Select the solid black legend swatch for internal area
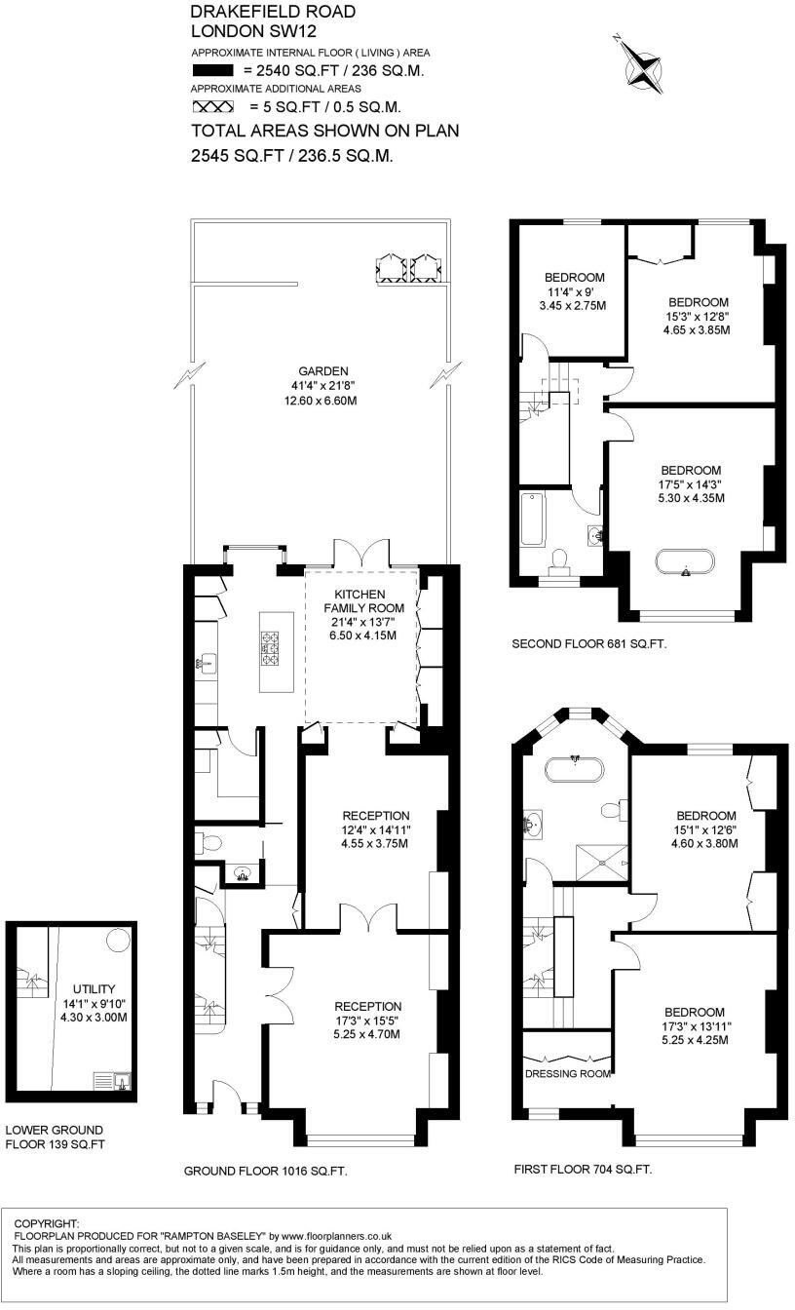(212, 71)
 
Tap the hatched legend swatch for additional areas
(212, 107)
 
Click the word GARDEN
(324, 371)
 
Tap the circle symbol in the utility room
(117, 939)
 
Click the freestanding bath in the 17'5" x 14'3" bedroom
(686, 564)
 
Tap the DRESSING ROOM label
(568, 1073)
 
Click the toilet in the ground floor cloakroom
(212, 842)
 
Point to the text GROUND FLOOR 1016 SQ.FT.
(266, 1171)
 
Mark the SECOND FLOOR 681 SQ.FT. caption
(588, 644)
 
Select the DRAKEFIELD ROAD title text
(259, 12)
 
